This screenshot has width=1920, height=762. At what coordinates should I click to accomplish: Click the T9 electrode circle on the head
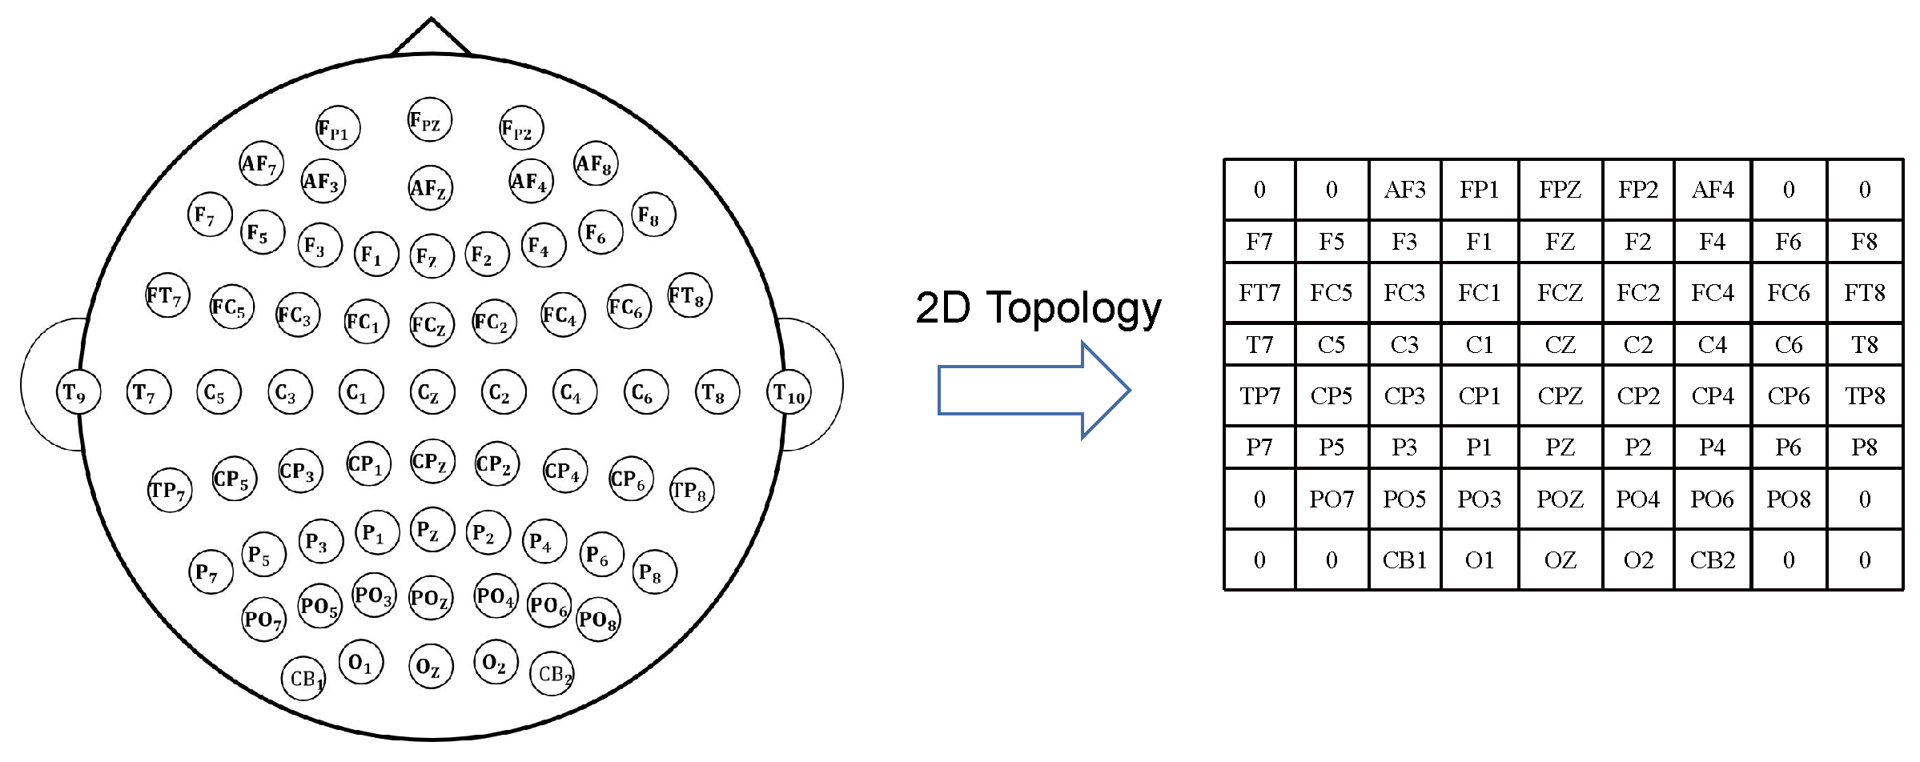point(78,392)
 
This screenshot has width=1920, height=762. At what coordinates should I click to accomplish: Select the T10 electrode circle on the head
point(789,392)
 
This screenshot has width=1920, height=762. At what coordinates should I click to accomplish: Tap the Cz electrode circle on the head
point(432,392)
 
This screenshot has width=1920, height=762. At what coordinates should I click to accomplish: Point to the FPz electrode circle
point(429,120)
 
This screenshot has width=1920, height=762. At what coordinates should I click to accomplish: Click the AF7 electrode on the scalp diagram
point(261,163)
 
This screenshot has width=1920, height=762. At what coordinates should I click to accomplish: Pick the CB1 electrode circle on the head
point(303,678)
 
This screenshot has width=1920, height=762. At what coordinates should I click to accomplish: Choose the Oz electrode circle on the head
point(431,667)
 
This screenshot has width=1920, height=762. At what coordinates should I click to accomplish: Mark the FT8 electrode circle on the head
point(689,295)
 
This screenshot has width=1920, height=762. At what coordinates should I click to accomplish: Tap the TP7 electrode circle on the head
point(170,490)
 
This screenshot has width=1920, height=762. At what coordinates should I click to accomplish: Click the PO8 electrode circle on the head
point(598,619)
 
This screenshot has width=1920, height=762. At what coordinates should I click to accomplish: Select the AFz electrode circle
point(430,188)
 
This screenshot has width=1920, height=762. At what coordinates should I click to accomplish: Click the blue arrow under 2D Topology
point(1033,391)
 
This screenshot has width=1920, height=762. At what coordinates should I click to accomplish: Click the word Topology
point(1074,309)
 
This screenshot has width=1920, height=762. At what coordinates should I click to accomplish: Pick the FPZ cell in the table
point(1560,190)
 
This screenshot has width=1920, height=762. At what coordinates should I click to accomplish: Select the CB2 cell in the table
point(1712,560)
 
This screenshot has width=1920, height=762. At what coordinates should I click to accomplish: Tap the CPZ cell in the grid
point(1560,396)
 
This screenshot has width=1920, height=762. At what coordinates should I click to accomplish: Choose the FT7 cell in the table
point(1259,293)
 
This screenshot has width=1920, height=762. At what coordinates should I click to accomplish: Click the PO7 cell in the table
point(1332,499)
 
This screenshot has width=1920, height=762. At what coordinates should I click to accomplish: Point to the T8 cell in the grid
point(1864,345)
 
